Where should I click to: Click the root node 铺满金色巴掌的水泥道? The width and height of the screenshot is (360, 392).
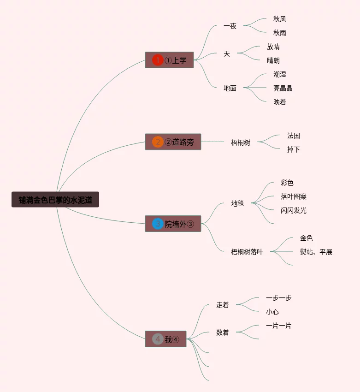coord(55,200)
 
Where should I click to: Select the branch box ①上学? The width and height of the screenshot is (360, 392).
coord(169,60)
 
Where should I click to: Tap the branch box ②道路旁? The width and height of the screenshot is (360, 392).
coord(173,142)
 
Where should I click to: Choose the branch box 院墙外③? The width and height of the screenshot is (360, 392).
coord(173,224)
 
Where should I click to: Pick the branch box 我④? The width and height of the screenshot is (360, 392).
coord(165,339)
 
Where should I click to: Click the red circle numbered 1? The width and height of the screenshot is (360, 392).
coord(158,60)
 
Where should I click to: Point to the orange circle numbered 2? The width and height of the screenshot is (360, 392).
coord(158,142)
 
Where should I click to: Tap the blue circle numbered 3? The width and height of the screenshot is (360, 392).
coord(158,224)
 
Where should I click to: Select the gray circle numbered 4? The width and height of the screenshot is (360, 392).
coord(158,339)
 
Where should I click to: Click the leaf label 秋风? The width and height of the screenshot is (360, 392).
coord(279,19)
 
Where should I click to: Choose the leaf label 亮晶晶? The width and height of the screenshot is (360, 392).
coord(283,88)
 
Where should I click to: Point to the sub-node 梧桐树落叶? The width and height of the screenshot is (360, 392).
coord(247,252)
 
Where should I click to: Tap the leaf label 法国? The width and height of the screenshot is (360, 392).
coord(294,136)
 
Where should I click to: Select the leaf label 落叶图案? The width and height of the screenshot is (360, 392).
coord(294,196)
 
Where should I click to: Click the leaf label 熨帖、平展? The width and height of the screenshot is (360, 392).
coord(316,252)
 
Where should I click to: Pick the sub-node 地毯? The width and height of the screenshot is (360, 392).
coord(237,203)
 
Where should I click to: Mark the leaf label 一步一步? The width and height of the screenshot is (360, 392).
coord(278,298)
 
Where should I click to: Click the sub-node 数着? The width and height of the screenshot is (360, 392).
coord(222,332)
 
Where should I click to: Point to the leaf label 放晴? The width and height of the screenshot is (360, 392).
coord(273,47)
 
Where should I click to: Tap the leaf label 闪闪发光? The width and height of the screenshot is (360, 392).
coord(294,210)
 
